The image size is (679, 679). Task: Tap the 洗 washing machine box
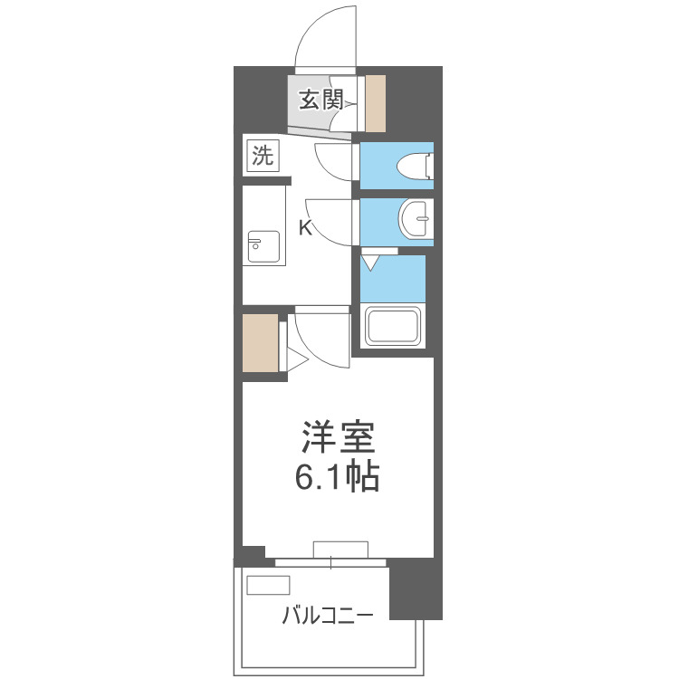tap(261, 156)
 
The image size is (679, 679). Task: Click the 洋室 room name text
tap(338, 439)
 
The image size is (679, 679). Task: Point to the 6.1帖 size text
tap(337, 476)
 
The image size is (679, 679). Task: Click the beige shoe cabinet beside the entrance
tap(376, 101)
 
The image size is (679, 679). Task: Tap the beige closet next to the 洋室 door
tap(259, 342)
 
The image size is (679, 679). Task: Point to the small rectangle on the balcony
tap(263, 585)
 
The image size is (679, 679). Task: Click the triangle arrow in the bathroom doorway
tap(372, 263)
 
